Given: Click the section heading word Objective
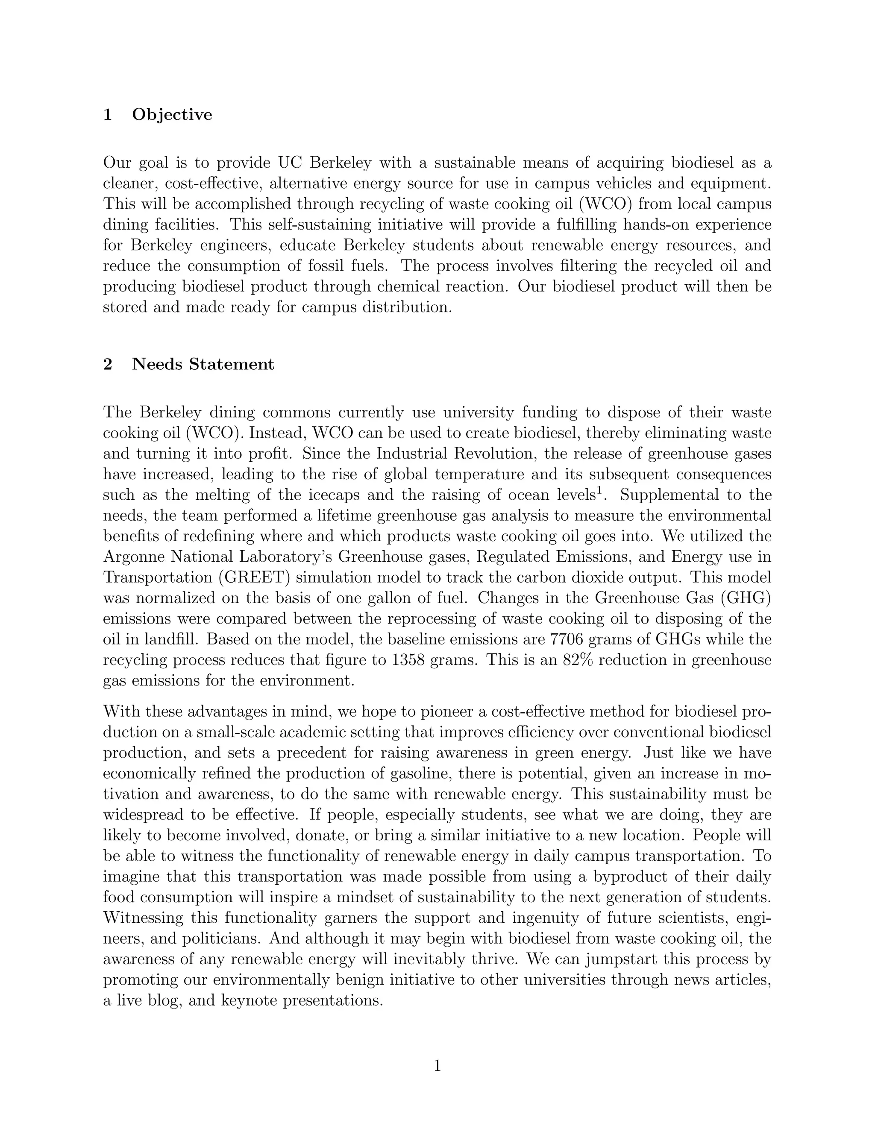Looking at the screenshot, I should (x=172, y=114).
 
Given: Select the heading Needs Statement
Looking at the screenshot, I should (x=203, y=364).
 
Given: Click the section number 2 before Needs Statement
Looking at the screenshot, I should (x=108, y=364).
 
